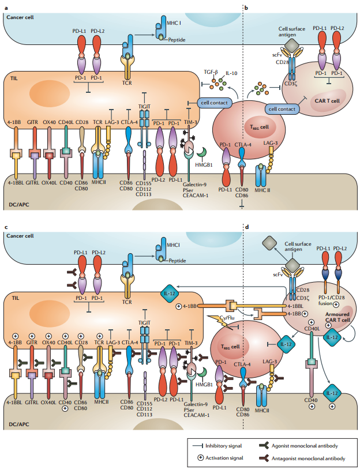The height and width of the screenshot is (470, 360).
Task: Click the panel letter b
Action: click(246, 7)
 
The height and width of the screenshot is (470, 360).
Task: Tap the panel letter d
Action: click(246, 227)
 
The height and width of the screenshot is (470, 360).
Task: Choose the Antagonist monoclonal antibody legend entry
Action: click(316, 458)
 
